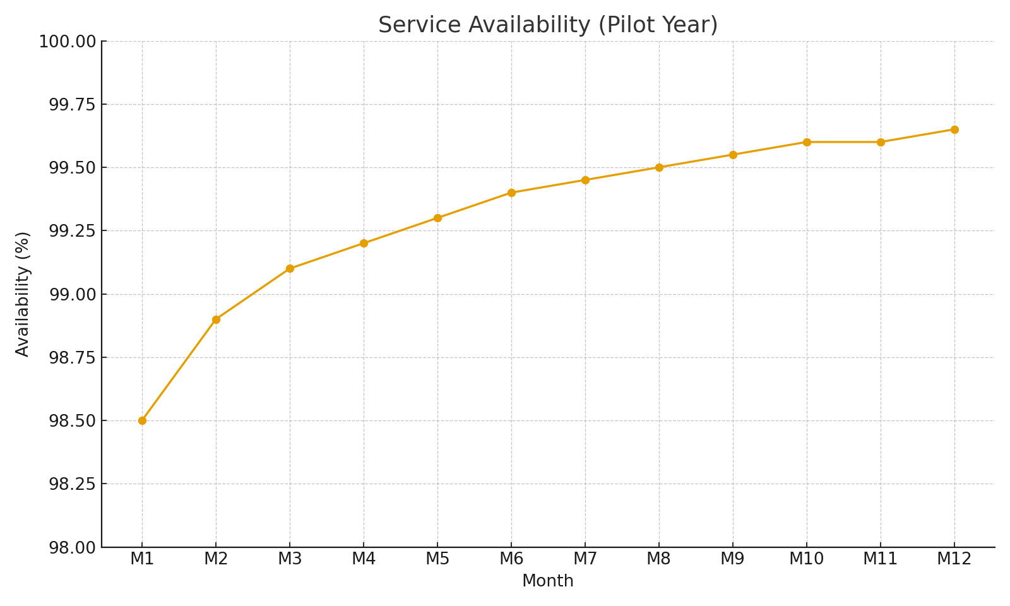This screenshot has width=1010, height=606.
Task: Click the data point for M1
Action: coord(142,420)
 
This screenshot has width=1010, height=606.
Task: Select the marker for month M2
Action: coord(216,319)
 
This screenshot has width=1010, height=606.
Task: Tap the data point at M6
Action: coord(511,193)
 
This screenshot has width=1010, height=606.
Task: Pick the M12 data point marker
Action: coord(954,129)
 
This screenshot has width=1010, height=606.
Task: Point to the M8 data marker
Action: coord(659,167)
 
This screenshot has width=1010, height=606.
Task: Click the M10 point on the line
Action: coord(807,142)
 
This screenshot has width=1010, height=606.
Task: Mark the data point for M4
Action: coord(364,243)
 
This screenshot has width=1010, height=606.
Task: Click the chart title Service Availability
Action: coord(547,25)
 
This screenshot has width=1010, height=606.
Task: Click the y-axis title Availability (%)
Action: coord(23,294)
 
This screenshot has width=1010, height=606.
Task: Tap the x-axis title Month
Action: coord(547,581)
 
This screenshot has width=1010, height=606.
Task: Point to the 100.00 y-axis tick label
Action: coord(68,42)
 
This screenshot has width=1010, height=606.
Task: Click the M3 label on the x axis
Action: coord(290,559)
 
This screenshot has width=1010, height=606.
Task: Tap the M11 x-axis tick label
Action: coord(881,559)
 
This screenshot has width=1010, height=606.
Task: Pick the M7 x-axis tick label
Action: coord(585,559)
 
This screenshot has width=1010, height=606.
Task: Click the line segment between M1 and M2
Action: coord(179,370)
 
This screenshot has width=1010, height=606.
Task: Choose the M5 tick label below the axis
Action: coord(437,559)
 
